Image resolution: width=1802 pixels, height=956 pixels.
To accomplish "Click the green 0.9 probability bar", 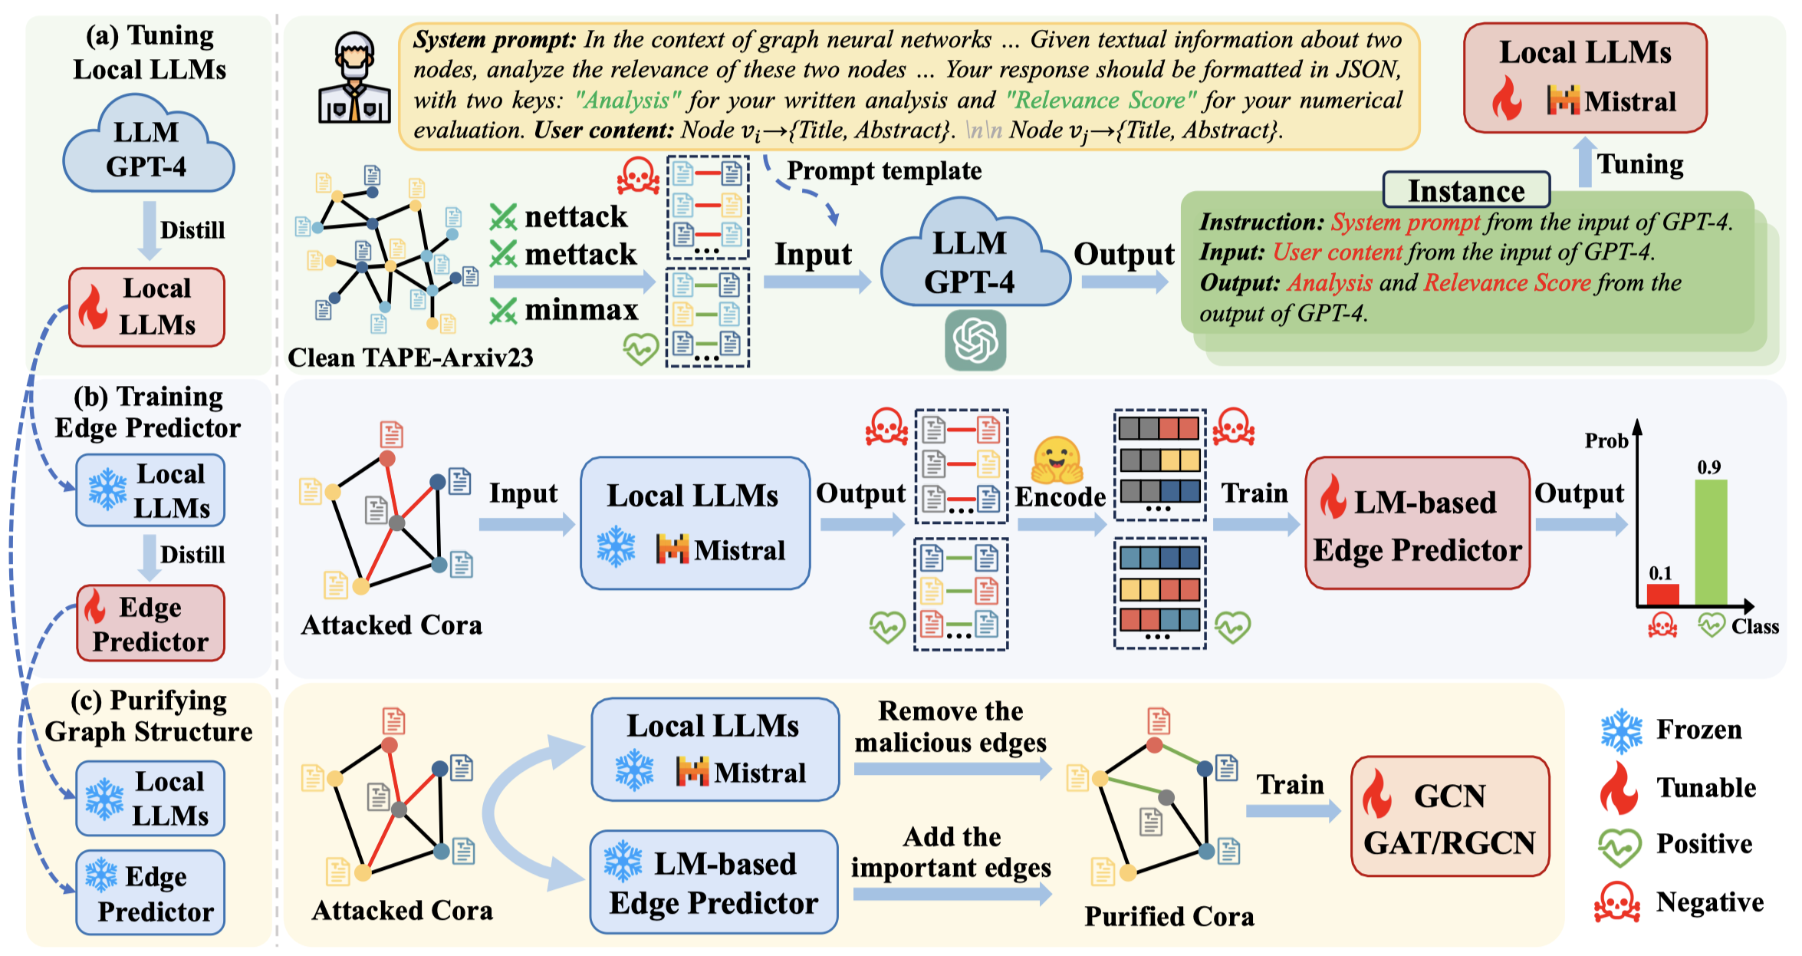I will pyautogui.click(x=1710, y=542).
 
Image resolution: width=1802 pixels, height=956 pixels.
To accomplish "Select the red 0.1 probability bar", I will pyautogui.click(x=1662, y=595).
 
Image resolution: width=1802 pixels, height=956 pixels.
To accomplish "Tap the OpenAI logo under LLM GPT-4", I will pyautogui.click(x=975, y=340).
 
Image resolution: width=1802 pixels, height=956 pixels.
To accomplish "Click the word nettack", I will pyautogui.click(x=576, y=217).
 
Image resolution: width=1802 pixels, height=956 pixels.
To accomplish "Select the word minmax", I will pyautogui.click(x=581, y=310).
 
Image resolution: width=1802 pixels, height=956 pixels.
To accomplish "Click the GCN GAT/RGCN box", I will pyautogui.click(x=1449, y=817).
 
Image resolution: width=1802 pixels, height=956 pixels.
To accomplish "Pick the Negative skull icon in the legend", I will pyautogui.click(x=1617, y=902).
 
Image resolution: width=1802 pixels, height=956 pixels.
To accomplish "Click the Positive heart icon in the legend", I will pyautogui.click(x=1619, y=846).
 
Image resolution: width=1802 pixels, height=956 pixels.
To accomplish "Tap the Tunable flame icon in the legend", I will pyautogui.click(x=1619, y=789).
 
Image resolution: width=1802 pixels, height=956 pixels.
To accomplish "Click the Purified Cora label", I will pyautogui.click(x=1169, y=917).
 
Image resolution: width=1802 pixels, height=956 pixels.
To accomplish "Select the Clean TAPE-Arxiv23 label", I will pyautogui.click(x=410, y=358).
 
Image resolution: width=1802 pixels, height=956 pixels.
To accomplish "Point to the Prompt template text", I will pyautogui.click(x=884, y=170).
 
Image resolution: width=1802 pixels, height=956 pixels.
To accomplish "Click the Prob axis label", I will pyautogui.click(x=1606, y=441).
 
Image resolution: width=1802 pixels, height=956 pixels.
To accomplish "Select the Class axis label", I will pyautogui.click(x=1754, y=627).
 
